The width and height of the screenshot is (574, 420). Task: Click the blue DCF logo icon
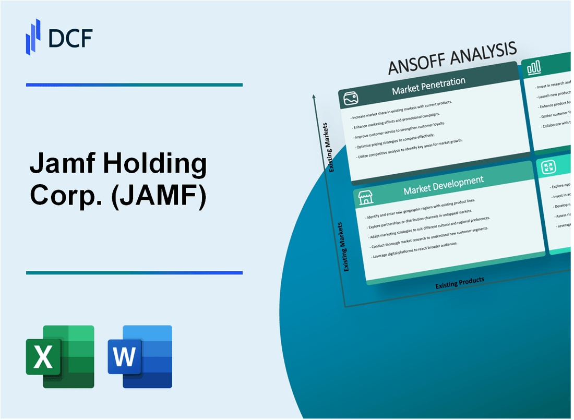33,36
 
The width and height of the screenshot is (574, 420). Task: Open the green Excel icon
60,356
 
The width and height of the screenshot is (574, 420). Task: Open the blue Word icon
140,356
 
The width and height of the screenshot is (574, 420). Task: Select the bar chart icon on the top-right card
534,67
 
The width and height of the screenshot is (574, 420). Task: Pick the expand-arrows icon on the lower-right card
548,167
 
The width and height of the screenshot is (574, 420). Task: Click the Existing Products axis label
460,282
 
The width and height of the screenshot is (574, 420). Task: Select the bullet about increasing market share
402,107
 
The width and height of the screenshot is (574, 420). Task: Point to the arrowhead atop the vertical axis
314,97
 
